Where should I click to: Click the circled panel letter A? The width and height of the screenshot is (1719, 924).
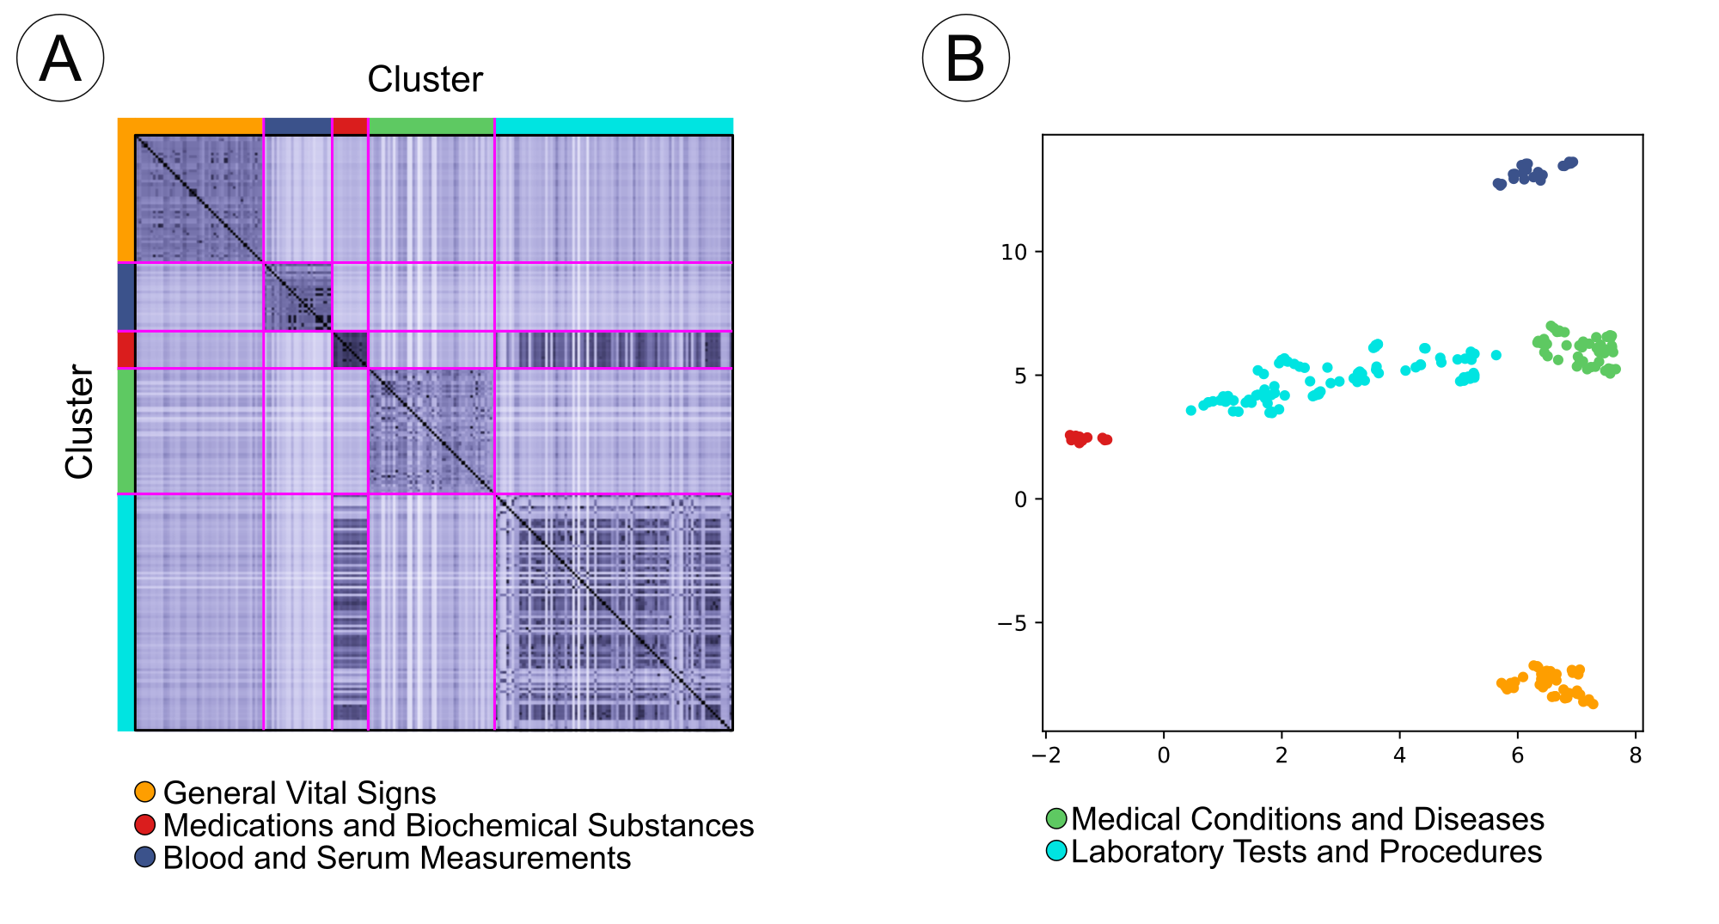click(60, 58)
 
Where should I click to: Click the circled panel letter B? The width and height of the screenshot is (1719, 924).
click(965, 58)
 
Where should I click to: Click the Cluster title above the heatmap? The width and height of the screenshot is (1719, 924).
click(425, 79)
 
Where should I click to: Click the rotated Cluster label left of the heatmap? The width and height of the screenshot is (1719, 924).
click(79, 421)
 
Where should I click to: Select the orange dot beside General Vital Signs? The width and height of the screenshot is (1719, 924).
click(145, 792)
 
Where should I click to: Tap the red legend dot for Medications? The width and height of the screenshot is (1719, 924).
click(145, 824)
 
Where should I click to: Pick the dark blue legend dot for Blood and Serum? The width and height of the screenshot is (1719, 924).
click(145, 857)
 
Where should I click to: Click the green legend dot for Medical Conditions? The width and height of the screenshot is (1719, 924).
click(1056, 818)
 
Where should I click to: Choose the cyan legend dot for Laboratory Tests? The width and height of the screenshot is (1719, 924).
click(1056, 851)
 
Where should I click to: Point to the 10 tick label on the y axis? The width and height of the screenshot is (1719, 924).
click(1014, 252)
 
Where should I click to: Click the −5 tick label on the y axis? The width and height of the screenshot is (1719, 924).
click(1012, 623)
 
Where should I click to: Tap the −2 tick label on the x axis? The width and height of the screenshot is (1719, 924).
click(1045, 756)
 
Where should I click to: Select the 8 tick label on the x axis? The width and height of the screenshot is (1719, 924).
click(1635, 756)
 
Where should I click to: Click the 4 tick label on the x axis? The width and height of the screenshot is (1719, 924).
click(1399, 756)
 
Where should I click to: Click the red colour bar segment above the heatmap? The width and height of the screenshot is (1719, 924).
click(350, 126)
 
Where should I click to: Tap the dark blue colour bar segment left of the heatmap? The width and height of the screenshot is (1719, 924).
click(125, 297)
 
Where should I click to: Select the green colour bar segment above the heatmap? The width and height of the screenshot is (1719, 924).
click(431, 126)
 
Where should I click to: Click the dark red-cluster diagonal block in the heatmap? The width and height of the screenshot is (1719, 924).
click(350, 350)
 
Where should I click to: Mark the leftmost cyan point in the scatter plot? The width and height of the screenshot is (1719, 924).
click(1190, 410)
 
